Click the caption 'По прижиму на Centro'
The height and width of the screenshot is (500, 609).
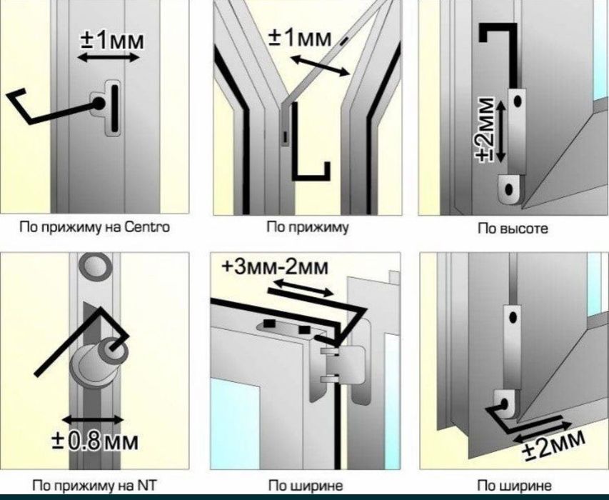[94, 227]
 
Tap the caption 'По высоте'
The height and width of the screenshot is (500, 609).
[513, 228]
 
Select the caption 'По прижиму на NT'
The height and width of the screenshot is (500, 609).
[94, 486]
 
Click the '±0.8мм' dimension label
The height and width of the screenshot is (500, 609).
[95, 441]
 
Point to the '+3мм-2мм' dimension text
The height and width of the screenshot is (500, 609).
[275, 268]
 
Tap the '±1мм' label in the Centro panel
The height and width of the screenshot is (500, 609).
[112, 40]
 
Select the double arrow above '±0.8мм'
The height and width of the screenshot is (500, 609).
[94, 419]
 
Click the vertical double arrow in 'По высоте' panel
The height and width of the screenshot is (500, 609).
[501, 131]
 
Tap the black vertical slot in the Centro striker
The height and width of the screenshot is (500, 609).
[114, 109]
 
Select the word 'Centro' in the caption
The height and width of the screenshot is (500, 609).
[147, 227]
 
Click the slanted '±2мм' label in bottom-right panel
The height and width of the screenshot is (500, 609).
[553, 444]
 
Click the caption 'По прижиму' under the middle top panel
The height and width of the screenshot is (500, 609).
[307, 227]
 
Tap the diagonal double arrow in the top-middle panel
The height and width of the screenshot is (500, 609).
[320, 66]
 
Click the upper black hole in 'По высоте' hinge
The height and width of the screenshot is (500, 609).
[518, 101]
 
